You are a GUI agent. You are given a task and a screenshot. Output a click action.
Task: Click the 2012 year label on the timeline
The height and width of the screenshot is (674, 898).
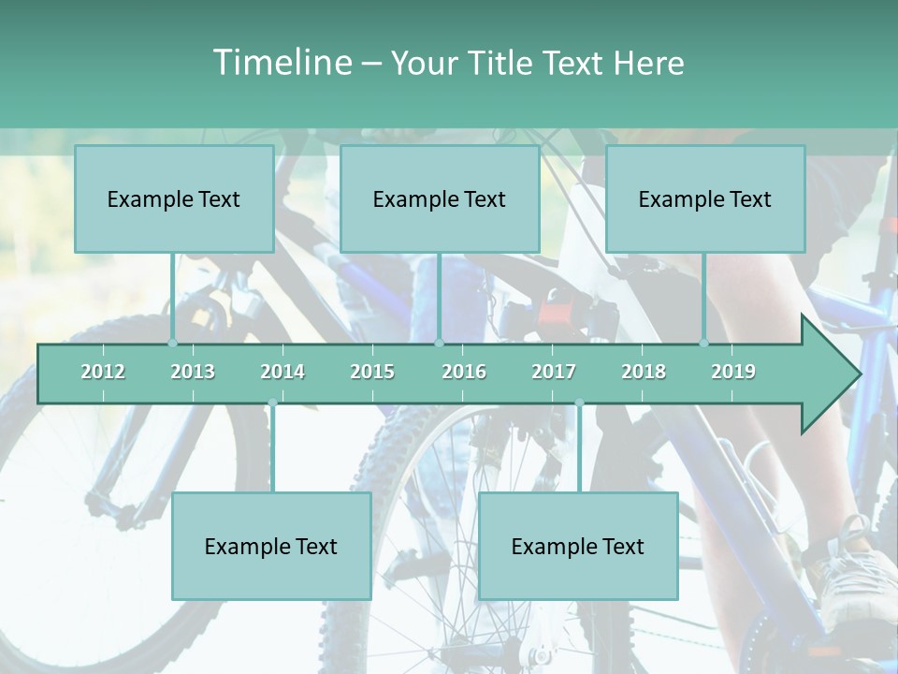[x=103, y=372]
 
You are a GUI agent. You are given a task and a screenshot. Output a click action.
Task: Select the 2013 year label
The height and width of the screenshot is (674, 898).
[x=193, y=372]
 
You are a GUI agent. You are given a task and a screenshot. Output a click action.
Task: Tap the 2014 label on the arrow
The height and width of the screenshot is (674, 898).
[x=282, y=372]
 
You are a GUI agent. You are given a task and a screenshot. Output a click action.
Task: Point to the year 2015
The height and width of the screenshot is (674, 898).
[x=372, y=372]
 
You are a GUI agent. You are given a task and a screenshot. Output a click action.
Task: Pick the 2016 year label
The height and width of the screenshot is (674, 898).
[x=464, y=372]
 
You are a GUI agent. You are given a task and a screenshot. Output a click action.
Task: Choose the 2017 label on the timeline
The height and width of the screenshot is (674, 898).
[x=554, y=372]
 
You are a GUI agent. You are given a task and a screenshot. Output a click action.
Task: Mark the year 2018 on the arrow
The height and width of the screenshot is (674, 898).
[x=644, y=372]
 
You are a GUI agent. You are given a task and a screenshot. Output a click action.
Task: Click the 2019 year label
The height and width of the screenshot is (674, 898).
[x=733, y=372]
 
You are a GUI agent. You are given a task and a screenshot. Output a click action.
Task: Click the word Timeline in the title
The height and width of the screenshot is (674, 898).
[x=281, y=63]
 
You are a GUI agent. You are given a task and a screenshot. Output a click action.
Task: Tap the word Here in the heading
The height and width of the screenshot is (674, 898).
[x=648, y=63]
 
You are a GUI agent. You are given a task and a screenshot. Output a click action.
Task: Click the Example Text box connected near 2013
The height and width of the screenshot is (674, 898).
[x=174, y=198]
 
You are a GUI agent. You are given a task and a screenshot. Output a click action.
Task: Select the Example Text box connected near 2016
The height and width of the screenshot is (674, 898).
[x=440, y=198]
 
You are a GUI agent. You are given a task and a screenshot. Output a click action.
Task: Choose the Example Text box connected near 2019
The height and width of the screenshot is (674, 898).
[x=705, y=198]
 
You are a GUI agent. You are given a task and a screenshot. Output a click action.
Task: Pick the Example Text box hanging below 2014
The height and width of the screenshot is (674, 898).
[x=271, y=546]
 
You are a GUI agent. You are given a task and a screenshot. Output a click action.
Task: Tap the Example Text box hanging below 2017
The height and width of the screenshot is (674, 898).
[x=578, y=546]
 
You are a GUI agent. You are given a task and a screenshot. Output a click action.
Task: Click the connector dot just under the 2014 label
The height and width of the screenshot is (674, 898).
[x=272, y=403]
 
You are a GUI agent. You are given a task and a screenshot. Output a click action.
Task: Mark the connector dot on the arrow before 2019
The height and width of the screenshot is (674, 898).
[x=704, y=344]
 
